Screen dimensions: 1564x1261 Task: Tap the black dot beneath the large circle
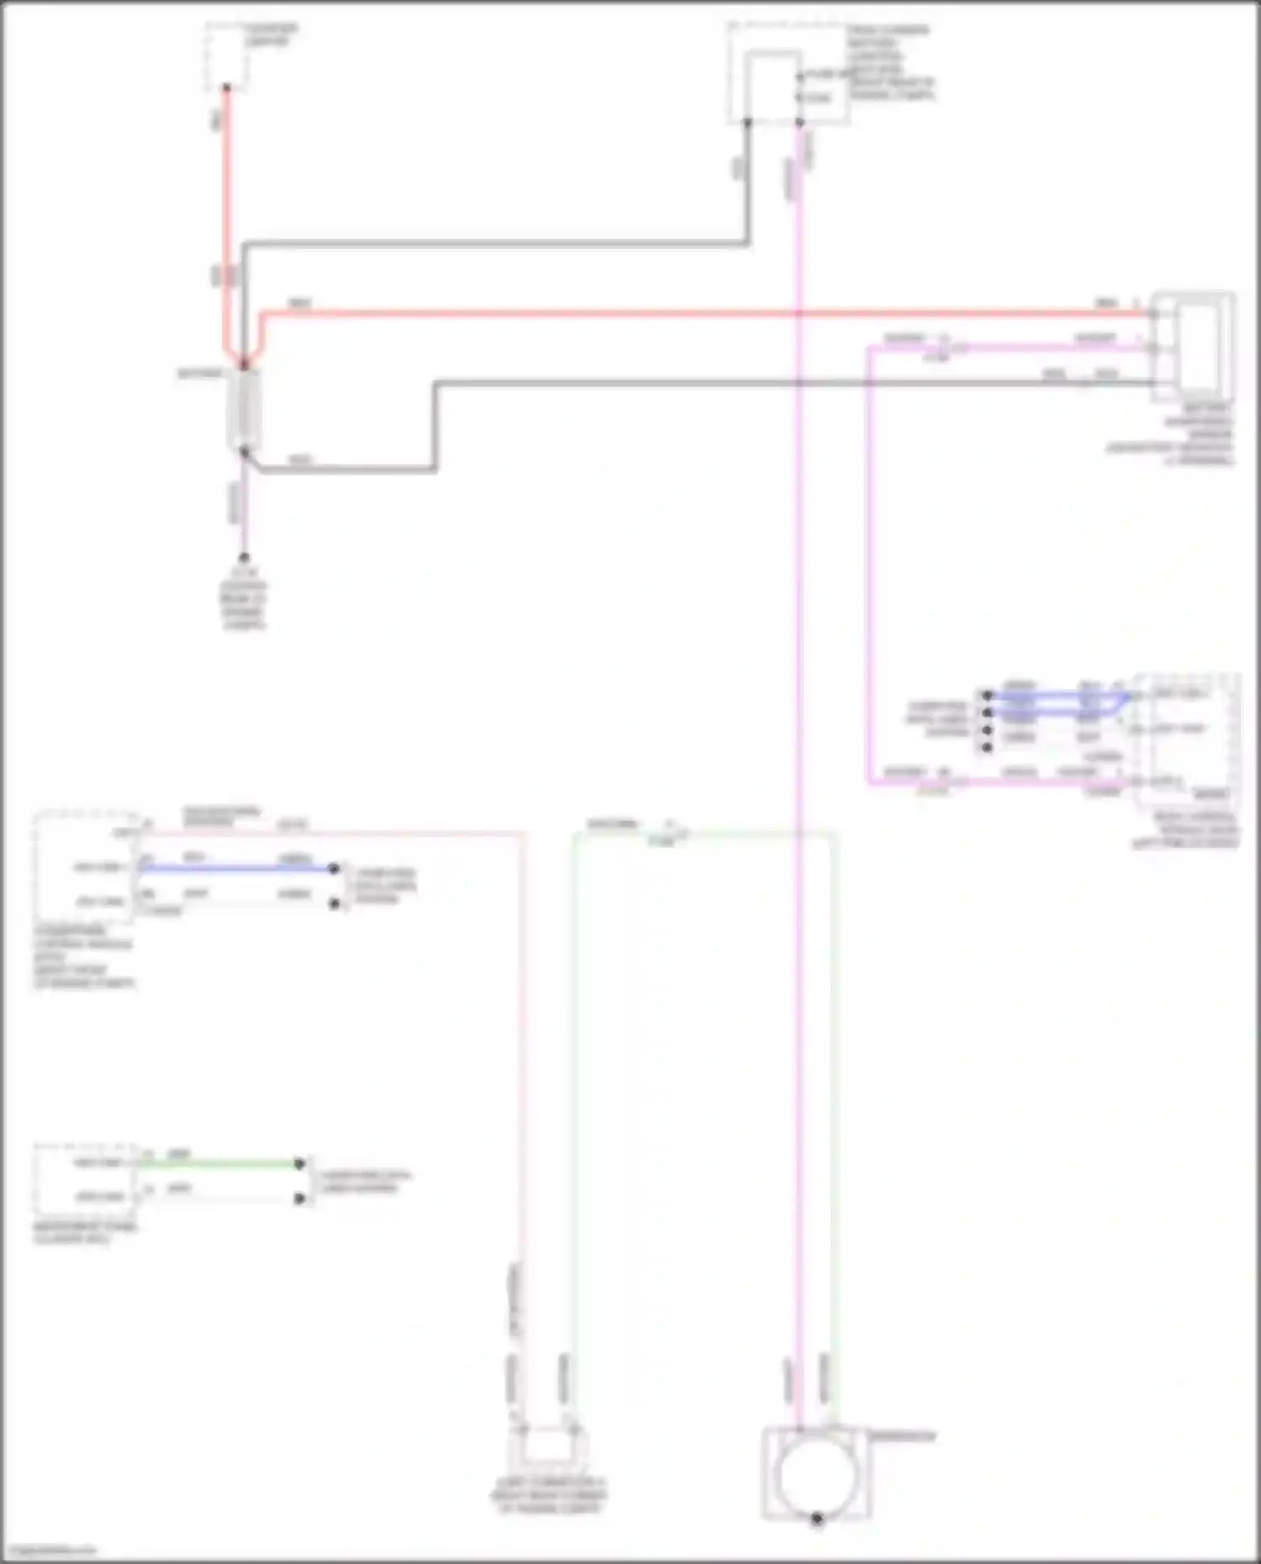(x=816, y=1519)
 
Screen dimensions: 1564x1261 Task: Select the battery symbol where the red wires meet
(x=245, y=409)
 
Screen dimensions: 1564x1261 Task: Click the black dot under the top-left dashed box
(x=226, y=87)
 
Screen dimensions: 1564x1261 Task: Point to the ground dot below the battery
(x=244, y=557)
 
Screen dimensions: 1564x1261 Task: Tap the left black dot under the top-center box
(x=747, y=123)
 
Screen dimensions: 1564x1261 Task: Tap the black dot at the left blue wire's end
(x=334, y=868)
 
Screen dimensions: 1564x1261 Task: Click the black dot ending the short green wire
(x=299, y=1164)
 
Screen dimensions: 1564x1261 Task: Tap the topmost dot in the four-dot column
(x=988, y=695)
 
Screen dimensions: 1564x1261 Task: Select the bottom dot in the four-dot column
(x=988, y=746)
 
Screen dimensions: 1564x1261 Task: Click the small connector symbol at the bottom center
(x=547, y=1445)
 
